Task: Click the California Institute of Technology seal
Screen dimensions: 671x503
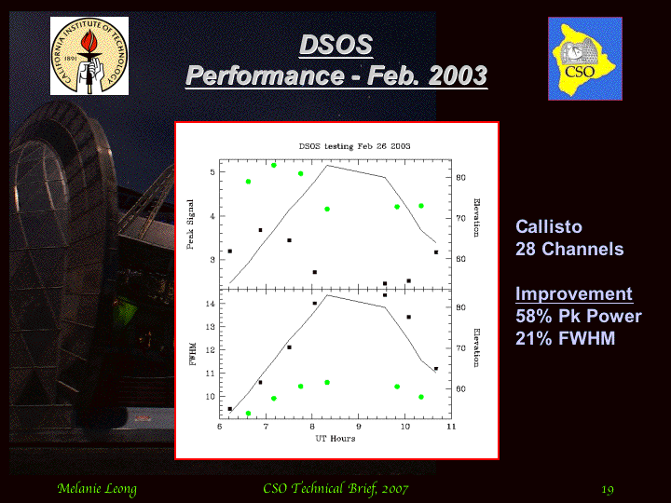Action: click(89, 56)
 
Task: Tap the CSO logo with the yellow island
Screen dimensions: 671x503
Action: click(585, 59)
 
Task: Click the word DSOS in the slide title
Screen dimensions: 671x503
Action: click(335, 45)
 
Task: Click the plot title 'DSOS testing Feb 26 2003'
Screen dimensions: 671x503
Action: click(354, 146)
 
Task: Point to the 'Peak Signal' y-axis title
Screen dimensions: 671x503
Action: click(190, 224)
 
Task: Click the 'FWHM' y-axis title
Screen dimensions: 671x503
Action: click(193, 354)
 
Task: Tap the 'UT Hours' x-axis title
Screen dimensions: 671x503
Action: click(335, 439)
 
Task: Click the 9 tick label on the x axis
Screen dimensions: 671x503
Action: click(359, 427)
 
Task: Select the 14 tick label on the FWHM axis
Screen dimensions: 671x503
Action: click(210, 304)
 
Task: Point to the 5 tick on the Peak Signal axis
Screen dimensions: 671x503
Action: click(212, 172)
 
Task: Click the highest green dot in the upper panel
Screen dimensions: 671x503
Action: click(274, 165)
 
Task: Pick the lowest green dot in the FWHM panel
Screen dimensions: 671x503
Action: click(248, 414)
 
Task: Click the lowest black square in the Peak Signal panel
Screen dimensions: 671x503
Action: click(385, 283)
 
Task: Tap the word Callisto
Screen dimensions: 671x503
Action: click(549, 226)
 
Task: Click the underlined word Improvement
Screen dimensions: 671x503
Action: click(574, 293)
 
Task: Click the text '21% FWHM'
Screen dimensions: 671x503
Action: click(566, 338)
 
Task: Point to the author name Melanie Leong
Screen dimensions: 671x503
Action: click(97, 489)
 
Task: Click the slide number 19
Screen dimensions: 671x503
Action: click(608, 489)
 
